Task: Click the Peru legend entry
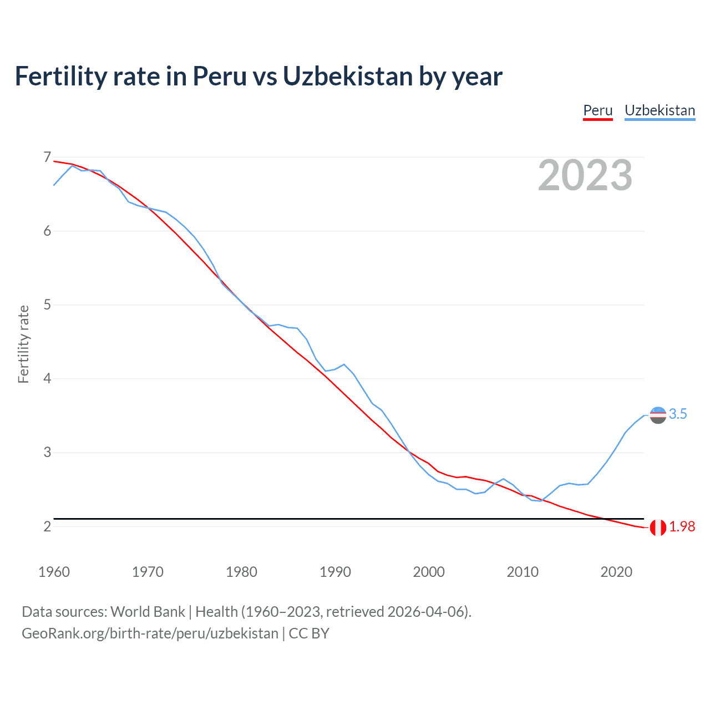click(x=597, y=110)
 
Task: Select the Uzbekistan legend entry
click(x=660, y=110)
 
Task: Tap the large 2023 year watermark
click(x=585, y=175)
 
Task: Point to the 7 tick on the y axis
click(x=47, y=158)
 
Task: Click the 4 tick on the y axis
click(x=47, y=379)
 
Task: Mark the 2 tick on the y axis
click(x=47, y=526)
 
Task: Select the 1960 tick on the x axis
click(x=54, y=572)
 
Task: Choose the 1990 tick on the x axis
click(x=335, y=572)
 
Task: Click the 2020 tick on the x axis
click(x=616, y=572)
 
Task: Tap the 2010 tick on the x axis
click(x=523, y=572)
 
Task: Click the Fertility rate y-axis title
click(x=23, y=344)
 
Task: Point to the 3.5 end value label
click(x=678, y=414)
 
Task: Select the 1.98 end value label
click(x=682, y=527)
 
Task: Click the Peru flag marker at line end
click(x=658, y=528)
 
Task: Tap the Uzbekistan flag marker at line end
click(x=658, y=415)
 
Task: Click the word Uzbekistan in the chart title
click(x=348, y=77)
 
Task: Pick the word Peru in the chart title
click(x=219, y=77)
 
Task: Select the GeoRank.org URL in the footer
click(x=150, y=633)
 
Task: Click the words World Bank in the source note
click(x=148, y=612)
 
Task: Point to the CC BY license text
click(x=309, y=633)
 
